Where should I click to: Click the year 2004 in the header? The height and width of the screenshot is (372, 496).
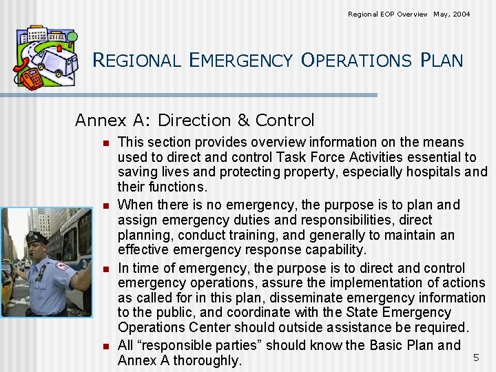(461, 14)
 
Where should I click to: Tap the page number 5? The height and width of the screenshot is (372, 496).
(475, 358)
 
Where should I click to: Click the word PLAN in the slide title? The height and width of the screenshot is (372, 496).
(441, 61)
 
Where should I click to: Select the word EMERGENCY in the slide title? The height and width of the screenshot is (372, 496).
(242, 61)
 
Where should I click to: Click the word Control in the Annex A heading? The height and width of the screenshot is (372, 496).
(285, 121)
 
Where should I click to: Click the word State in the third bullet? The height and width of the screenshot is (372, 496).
(395, 313)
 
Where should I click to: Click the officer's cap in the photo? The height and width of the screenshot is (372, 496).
(37, 238)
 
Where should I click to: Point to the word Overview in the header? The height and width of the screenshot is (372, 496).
(411, 14)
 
